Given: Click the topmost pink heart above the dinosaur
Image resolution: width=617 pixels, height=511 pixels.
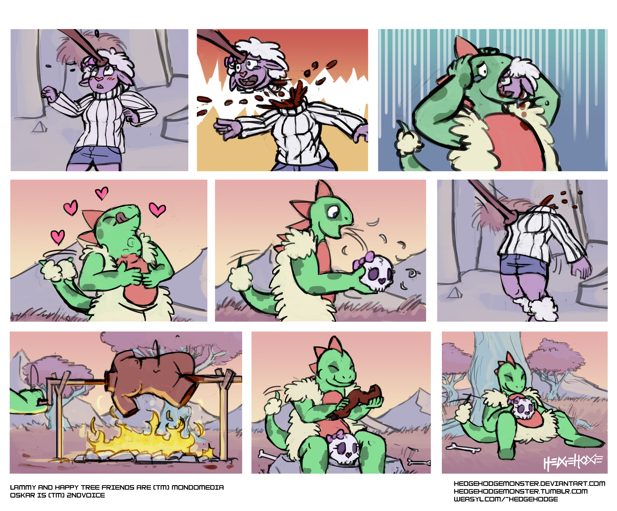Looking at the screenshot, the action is pyautogui.click(x=102, y=193).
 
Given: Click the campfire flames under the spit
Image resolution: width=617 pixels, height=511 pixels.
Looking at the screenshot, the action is pyautogui.click(x=147, y=438).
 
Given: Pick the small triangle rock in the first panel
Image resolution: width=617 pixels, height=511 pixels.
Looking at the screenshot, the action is pyautogui.click(x=38, y=127).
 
